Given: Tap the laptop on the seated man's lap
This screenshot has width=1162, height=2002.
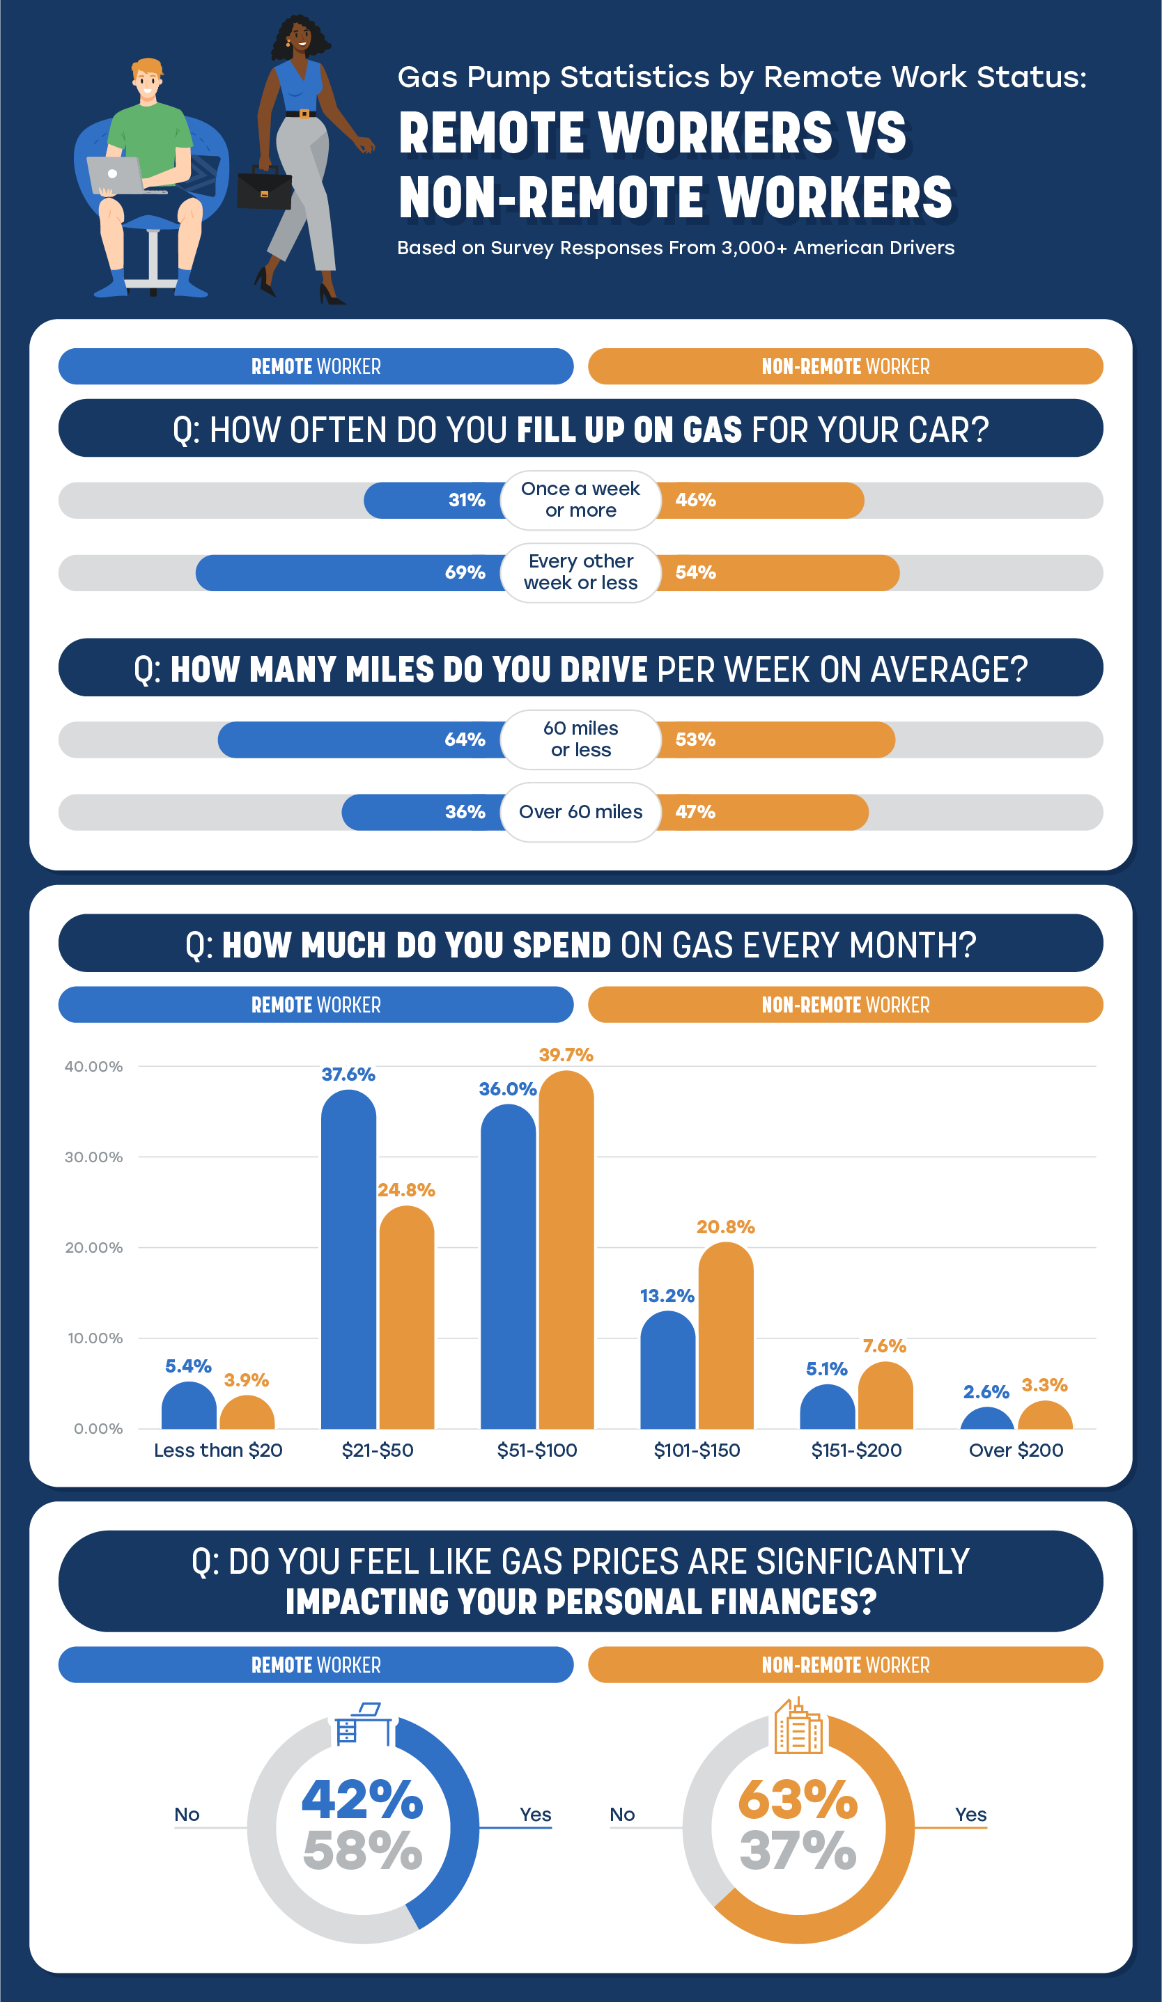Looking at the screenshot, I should tap(118, 175).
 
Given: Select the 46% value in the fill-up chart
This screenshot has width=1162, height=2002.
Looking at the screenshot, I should tap(695, 501).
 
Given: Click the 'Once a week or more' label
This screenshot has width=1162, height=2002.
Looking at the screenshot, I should tap(580, 500).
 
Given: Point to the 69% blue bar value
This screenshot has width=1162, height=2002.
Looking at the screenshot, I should tap(465, 573).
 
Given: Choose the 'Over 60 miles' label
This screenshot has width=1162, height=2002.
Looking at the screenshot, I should tap(580, 812).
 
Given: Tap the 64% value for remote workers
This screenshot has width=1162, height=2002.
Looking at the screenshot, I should tap(465, 740).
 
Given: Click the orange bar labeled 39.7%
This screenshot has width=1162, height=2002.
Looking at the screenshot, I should tap(566, 1256).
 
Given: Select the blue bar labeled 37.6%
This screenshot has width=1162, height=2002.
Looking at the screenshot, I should tap(348, 1263).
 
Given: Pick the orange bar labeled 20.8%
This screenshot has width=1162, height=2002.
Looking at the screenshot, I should tap(726, 1338).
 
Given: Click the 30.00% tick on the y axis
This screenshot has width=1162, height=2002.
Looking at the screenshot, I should tap(94, 1157).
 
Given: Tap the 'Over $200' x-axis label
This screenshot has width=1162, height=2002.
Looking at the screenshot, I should tap(1016, 1450).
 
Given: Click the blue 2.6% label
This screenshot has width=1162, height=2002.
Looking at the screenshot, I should tap(986, 1393).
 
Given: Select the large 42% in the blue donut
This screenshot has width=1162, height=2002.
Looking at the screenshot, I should tap(362, 1800).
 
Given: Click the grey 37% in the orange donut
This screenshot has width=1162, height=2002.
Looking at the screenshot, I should tap(798, 1851).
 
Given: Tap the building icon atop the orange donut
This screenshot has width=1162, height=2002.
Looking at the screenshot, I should tap(798, 1728).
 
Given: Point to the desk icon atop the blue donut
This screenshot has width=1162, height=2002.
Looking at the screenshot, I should tap(363, 1726).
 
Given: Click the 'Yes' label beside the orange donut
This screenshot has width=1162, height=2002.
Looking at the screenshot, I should tap(970, 1815).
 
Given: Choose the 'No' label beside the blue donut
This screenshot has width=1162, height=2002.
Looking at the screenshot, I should tap(187, 1815).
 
